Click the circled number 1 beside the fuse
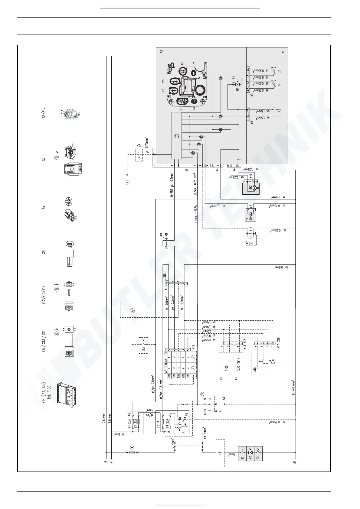click(x=132, y=447)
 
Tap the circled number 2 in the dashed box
click(x=220, y=452)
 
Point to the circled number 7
click(x=127, y=182)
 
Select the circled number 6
click(x=132, y=310)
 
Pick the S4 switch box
click(x=139, y=155)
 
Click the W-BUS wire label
click(x=172, y=190)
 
